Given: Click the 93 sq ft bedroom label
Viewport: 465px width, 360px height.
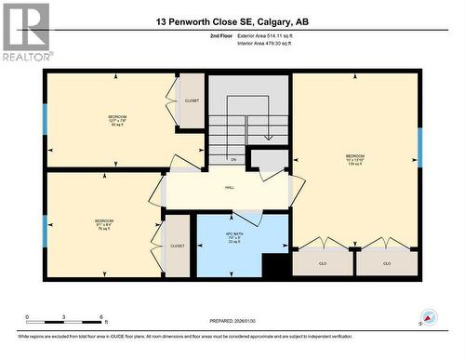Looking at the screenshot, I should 116,120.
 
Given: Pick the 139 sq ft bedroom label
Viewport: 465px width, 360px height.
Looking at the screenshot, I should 355,159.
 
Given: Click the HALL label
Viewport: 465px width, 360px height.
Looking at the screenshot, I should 229,188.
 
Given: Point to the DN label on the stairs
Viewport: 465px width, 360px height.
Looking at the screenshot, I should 233,160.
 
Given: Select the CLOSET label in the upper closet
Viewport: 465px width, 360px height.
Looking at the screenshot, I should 192,100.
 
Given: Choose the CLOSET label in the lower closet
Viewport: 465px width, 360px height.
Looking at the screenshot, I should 177,247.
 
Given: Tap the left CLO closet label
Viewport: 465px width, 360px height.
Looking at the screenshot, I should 323,263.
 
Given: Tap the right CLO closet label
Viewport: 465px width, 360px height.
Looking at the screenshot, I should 387,263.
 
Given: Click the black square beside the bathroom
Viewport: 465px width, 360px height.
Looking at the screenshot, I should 276,265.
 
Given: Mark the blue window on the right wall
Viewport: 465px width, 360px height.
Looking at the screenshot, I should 420,148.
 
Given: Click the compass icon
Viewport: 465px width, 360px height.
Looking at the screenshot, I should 429,319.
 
